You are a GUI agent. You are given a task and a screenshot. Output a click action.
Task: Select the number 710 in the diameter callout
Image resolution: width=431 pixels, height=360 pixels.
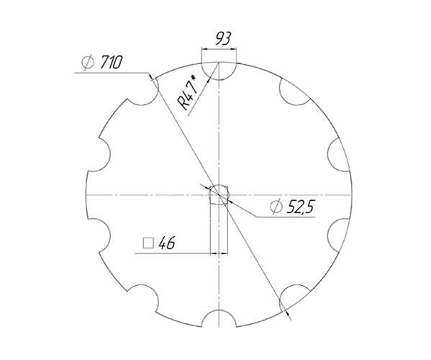coord(110,63)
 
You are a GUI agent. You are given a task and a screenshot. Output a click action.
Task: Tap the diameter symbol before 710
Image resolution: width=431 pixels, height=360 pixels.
coord(88,63)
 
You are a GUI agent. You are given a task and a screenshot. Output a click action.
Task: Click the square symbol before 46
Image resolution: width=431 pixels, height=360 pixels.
coord(148,243)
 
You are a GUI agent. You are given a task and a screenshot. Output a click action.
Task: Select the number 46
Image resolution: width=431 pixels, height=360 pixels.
coord(167,243)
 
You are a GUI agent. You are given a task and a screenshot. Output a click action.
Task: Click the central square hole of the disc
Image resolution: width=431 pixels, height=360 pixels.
coord(218,195)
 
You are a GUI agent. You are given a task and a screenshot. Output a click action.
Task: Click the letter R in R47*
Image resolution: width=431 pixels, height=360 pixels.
coord(183,103)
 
